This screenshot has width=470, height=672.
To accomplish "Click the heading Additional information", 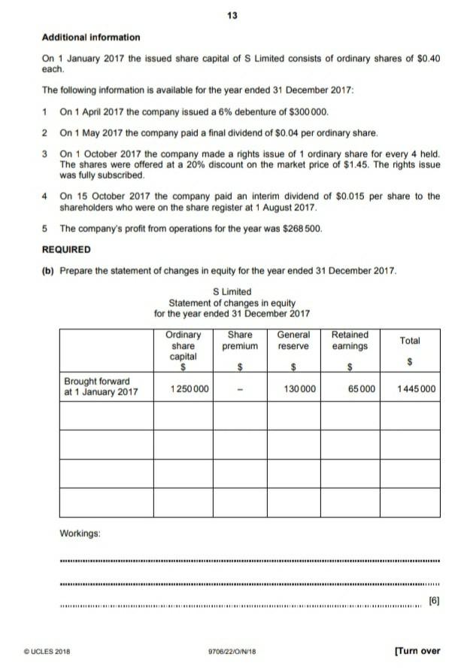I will (91, 37).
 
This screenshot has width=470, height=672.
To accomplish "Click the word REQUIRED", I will (66, 249).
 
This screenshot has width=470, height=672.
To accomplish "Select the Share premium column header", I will (240, 340).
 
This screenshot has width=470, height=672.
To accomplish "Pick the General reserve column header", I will (293, 340).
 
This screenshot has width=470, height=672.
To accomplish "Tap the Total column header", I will (410, 341).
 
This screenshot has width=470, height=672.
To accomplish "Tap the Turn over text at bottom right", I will (417, 651).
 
